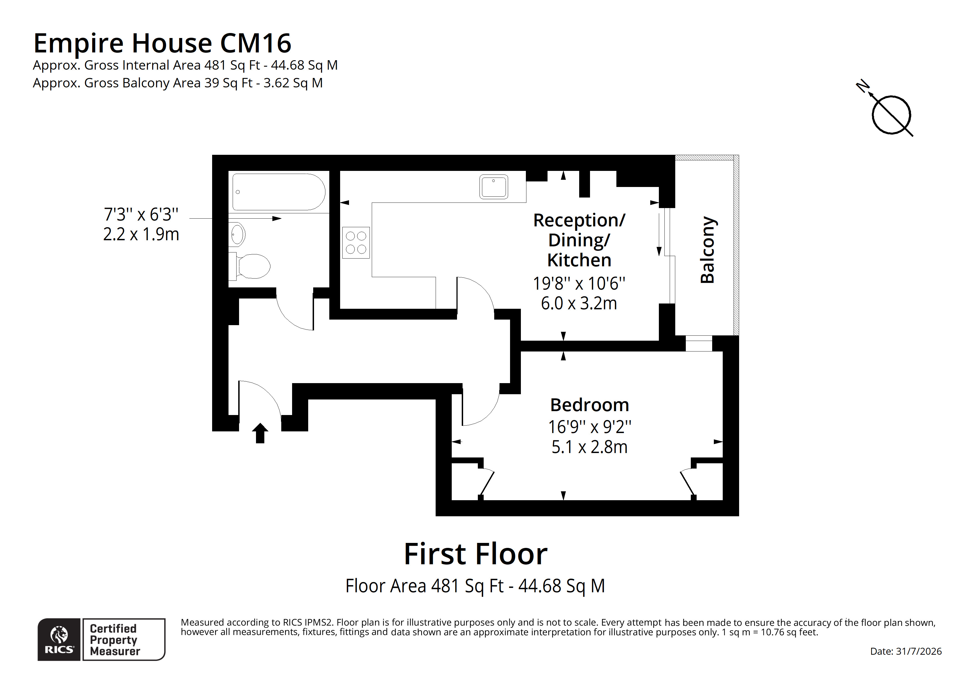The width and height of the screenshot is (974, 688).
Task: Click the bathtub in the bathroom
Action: coord(279,192)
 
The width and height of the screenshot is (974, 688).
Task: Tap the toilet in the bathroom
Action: coord(250,266)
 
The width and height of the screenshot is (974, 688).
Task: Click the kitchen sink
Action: coord(494,187)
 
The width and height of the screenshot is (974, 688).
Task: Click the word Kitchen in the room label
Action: coord(579,260)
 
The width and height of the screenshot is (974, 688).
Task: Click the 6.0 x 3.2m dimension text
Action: coord(579,303)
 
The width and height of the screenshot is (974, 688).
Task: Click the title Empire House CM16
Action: coord(162,43)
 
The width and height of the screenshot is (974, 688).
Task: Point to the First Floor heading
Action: coord(476,554)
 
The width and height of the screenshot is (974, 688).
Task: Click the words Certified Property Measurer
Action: coord(115,640)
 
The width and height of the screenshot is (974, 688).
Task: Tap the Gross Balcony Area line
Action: coord(178,83)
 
